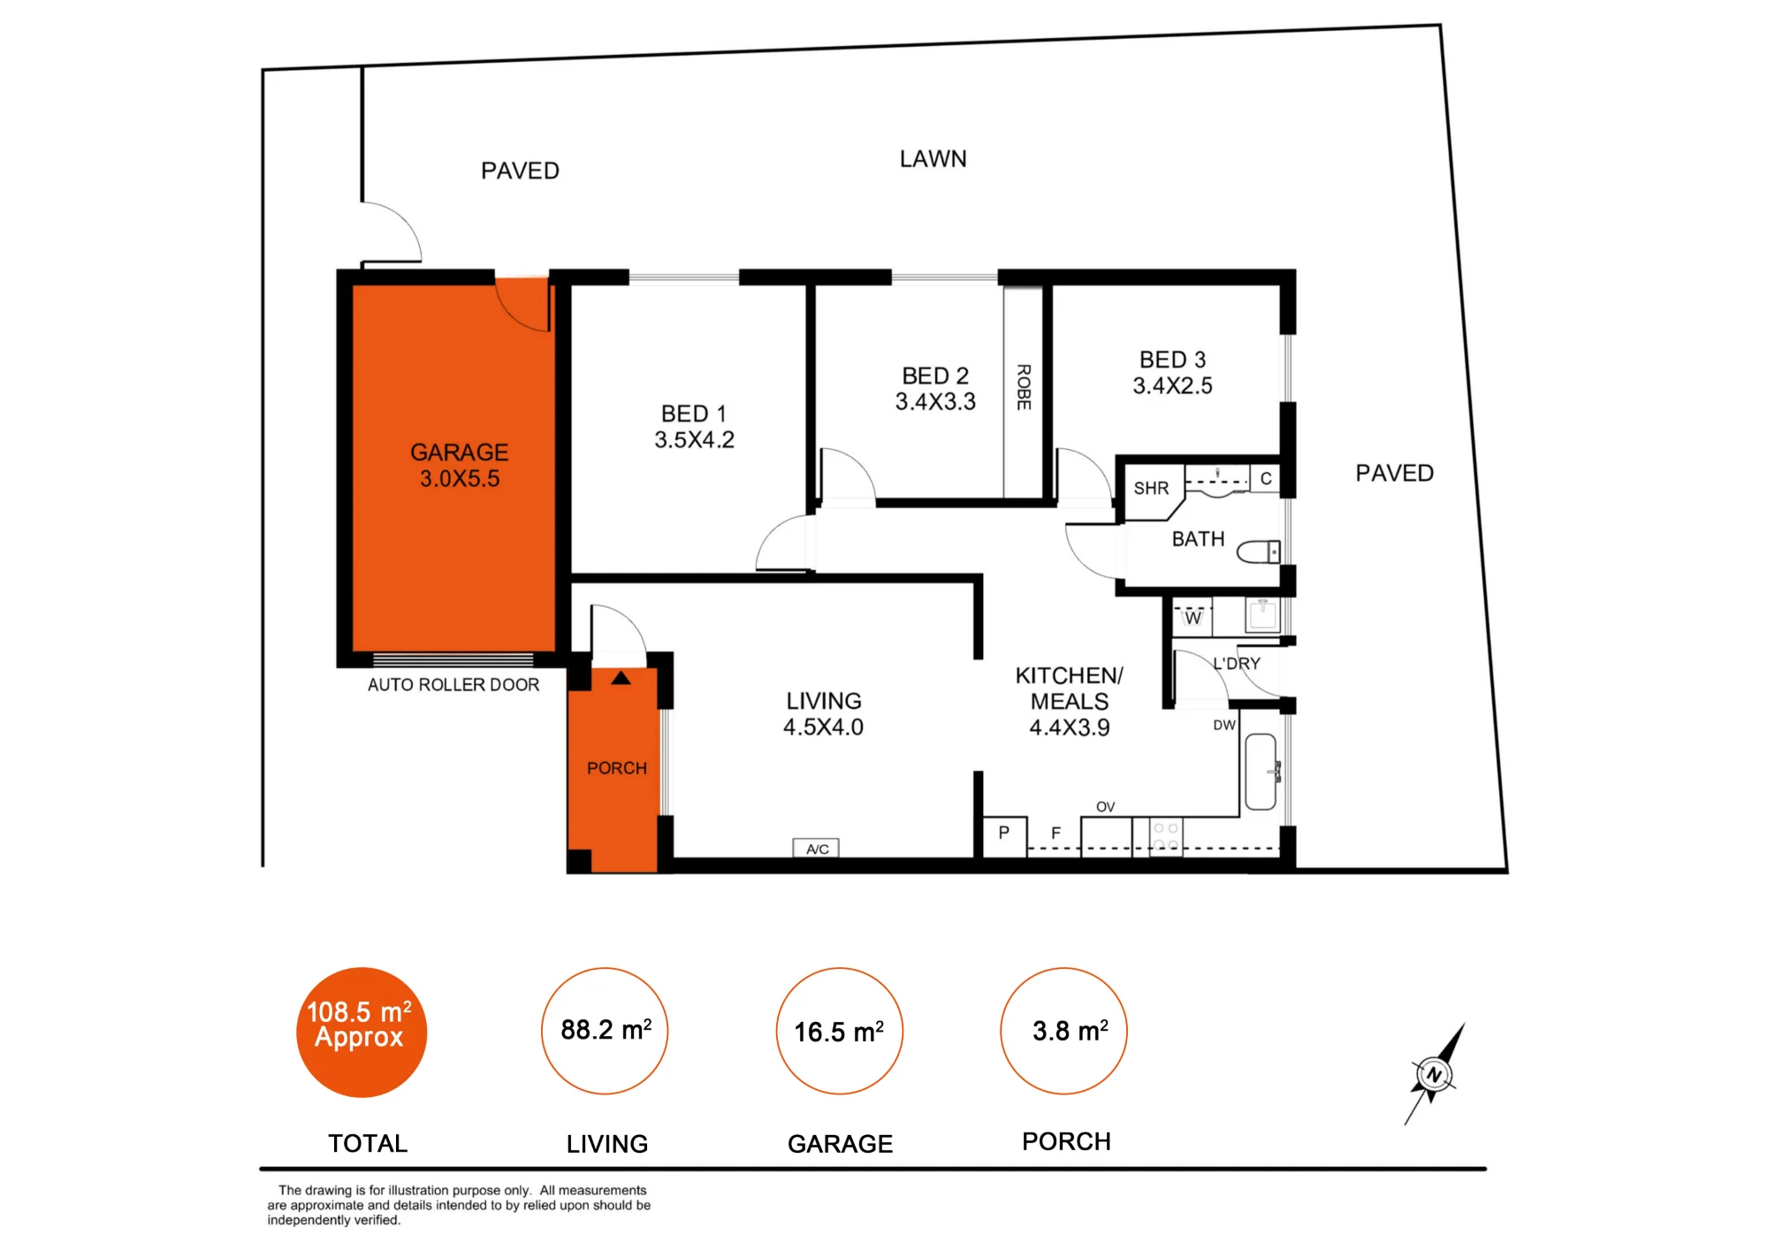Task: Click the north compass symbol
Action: [x=1434, y=1075]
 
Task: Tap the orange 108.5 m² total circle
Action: [x=362, y=1032]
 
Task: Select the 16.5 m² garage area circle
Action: [x=840, y=1031]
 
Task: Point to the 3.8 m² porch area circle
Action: [x=1064, y=1031]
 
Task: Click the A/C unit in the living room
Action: [x=816, y=849]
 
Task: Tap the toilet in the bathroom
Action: [x=1258, y=553]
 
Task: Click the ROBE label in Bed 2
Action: [x=1024, y=387]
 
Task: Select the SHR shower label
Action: [x=1151, y=488]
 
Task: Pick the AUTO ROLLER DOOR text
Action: [x=453, y=684]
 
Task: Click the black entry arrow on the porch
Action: [x=621, y=678]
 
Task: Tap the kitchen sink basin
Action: [x=1261, y=772]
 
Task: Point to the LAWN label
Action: [x=934, y=159]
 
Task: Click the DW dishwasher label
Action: [x=1224, y=725]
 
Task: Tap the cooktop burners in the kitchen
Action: [x=1166, y=836]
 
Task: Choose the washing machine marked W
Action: [x=1193, y=617]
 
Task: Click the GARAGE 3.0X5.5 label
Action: [x=460, y=465]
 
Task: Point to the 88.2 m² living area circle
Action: [x=605, y=1031]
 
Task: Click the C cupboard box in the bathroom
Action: [x=1265, y=478]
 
